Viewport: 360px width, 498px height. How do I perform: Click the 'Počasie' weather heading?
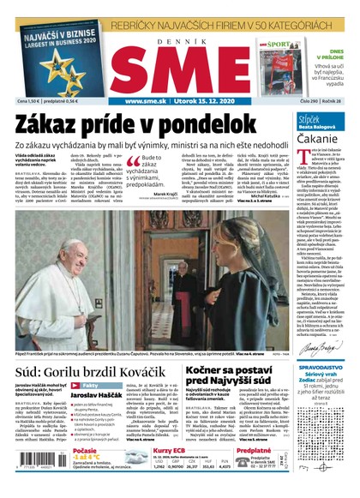tap(85, 450)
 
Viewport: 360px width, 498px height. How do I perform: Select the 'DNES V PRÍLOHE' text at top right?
tap(337, 52)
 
